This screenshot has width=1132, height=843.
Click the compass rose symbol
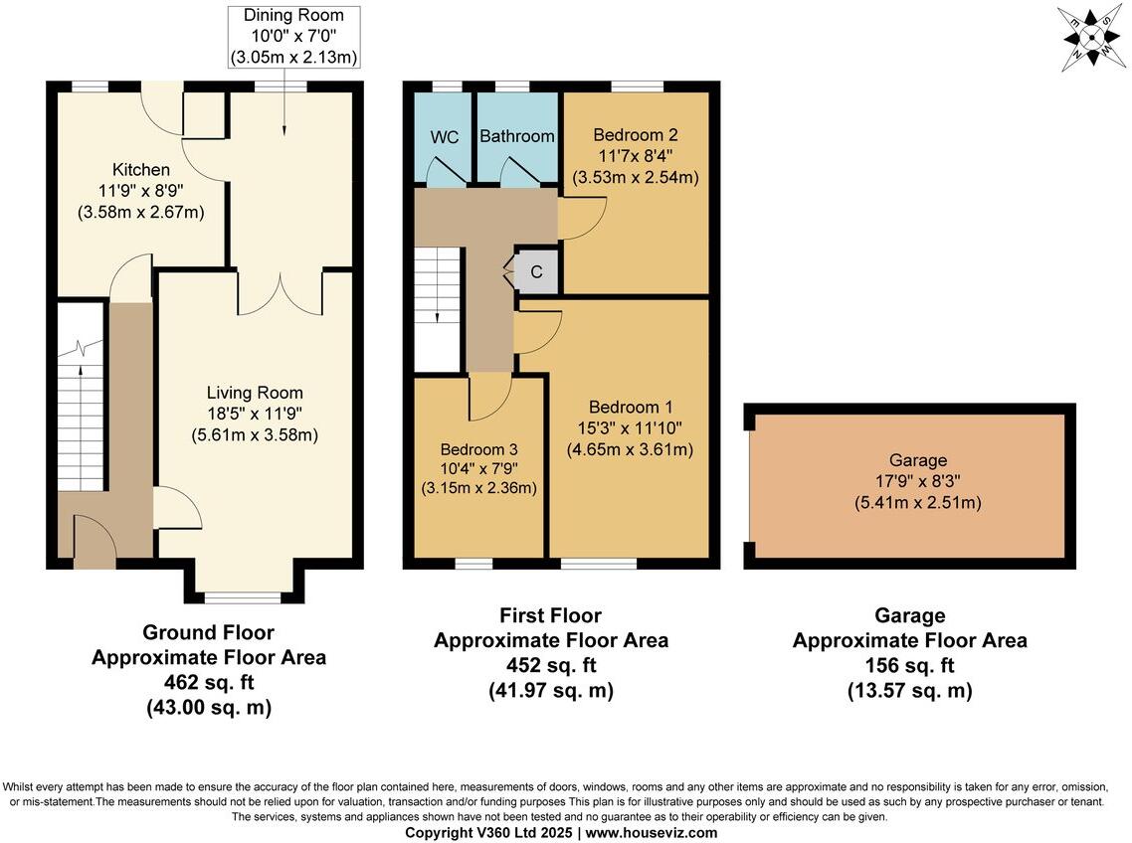coord(1090,38)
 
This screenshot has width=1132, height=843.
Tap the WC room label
coord(445,137)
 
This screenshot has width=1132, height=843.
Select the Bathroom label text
coord(516,136)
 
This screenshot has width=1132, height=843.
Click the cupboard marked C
coord(535,271)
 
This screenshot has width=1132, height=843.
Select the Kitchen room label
coord(140,170)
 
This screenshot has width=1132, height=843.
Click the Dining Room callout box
coord(293,37)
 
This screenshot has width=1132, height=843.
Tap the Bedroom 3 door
coord(489,396)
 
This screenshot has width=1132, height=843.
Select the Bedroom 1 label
coord(630,407)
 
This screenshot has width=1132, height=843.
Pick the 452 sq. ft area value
coord(550,665)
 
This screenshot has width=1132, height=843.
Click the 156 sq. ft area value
coord(909,665)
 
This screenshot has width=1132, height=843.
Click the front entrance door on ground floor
coord(95,543)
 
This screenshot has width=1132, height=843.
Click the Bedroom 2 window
coord(637,86)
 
